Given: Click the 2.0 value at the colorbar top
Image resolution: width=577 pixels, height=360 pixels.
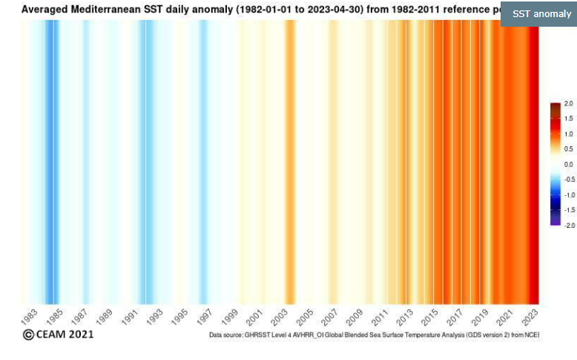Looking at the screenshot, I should (568, 103).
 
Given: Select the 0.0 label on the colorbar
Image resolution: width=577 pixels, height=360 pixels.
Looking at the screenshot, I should (568, 164).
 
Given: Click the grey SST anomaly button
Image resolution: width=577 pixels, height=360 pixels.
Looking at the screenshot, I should (538, 13).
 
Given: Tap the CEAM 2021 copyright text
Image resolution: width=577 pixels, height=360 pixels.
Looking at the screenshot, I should (59, 335).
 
